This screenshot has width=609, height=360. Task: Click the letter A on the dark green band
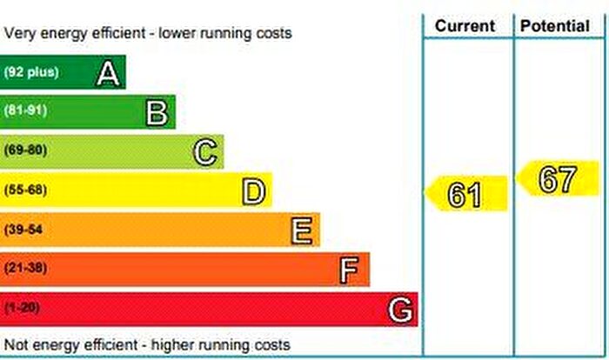pos(108,73)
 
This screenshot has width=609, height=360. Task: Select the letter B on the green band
pos(157,112)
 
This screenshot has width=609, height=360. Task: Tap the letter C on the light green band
pos(205,152)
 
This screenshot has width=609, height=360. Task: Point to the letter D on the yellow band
pos(253,191)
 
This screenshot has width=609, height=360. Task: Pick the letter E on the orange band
pos(302,230)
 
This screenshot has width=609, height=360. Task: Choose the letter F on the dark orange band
pos(350,270)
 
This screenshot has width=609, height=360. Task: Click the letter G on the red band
pos(399,310)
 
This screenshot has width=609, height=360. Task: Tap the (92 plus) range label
pos(31,72)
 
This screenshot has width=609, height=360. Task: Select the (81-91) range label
pos(26,111)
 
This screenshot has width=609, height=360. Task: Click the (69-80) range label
pos(26,150)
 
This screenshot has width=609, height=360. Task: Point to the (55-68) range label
pos(26,190)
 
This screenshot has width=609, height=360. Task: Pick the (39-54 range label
pos(24,230)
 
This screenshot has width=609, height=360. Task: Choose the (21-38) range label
pos(26,269)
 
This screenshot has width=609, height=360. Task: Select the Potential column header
pos(554,26)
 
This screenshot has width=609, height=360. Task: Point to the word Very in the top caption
pos(20,34)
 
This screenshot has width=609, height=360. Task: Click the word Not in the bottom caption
pos(17,344)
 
